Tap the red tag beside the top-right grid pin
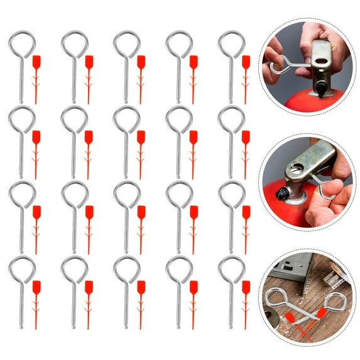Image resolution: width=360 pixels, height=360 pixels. point(246,62)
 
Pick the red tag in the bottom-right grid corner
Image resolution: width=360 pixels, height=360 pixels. point(246,288)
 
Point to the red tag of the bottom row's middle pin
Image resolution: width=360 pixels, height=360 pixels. point(141,288)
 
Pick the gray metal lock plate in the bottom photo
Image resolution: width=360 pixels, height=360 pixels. point(288,267)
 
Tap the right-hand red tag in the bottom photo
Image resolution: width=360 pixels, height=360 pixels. point(321,313)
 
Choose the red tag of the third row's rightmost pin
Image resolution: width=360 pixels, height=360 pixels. point(246,212)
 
